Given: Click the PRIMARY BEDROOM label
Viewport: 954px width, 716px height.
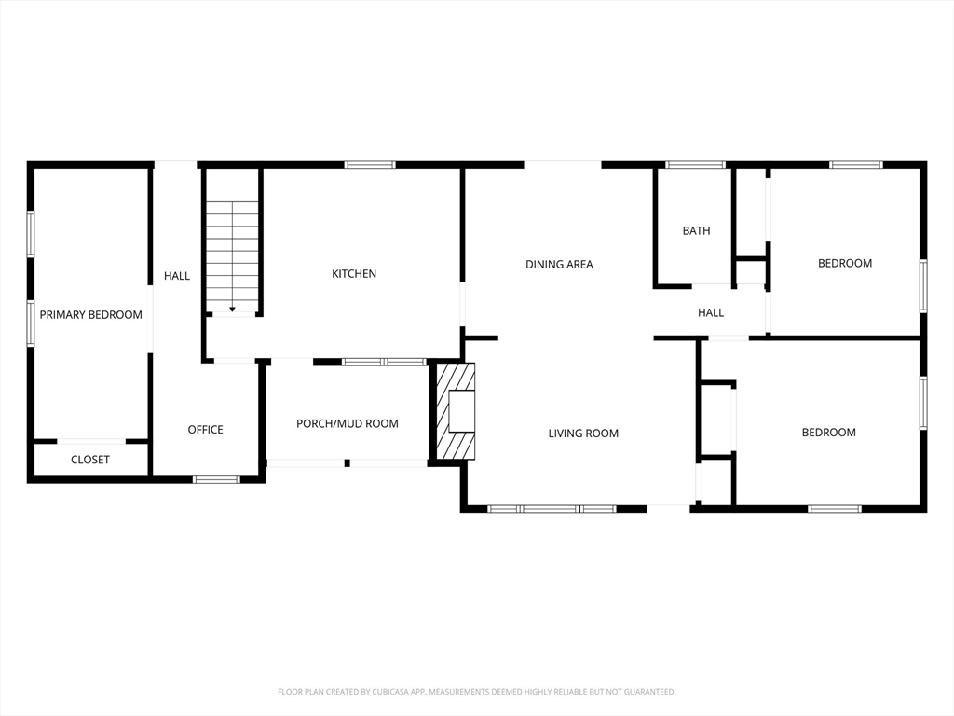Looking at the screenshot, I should pyautogui.click(x=90, y=315).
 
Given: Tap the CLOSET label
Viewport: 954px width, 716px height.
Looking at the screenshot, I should pyautogui.click(x=90, y=460).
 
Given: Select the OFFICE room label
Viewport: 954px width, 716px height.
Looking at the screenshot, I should pyautogui.click(x=205, y=430).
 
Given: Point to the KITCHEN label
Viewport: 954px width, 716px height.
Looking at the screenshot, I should pyautogui.click(x=354, y=274).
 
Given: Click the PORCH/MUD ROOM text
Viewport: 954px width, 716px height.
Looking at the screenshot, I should pyautogui.click(x=347, y=424).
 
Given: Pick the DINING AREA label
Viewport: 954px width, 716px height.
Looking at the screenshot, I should pyautogui.click(x=559, y=265).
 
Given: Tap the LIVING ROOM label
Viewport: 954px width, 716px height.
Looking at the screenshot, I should pyautogui.click(x=583, y=434).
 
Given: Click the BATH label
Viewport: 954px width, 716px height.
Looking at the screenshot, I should pyautogui.click(x=696, y=231).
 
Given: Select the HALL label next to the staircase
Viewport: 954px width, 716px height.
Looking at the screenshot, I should pyautogui.click(x=177, y=276).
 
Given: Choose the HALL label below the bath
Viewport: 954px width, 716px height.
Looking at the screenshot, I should pyautogui.click(x=711, y=313).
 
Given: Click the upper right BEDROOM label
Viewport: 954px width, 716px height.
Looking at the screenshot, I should pyautogui.click(x=845, y=264).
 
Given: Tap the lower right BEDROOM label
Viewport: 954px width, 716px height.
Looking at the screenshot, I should pyautogui.click(x=828, y=433).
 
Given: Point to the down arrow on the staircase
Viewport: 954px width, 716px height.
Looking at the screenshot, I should pyautogui.click(x=232, y=308).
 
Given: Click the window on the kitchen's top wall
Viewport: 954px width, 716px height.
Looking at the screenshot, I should pyautogui.click(x=370, y=165).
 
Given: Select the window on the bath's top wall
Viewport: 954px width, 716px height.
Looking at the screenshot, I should pyautogui.click(x=695, y=165).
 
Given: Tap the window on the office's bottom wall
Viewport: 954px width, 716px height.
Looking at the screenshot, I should pyautogui.click(x=216, y=479).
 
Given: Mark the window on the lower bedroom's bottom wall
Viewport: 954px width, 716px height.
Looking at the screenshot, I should pyautogui.click(x=834, y=509).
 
